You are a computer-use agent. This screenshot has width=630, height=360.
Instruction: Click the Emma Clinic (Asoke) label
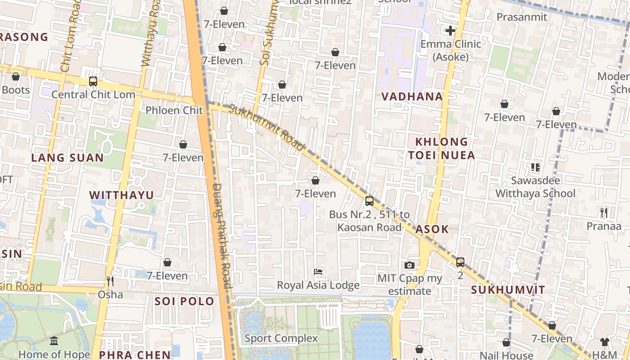450,50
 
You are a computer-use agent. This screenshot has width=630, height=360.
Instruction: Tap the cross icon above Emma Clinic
450,31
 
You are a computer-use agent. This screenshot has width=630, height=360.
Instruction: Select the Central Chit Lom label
93,94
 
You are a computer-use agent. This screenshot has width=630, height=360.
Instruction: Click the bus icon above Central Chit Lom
93,81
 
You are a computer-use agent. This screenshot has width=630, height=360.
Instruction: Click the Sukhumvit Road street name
266,127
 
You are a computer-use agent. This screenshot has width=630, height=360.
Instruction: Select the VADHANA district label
412,96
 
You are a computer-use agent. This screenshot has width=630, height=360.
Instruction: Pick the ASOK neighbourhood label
432,229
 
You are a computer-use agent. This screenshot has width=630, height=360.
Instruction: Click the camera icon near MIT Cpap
409,265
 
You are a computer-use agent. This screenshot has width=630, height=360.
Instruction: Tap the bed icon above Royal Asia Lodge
318,272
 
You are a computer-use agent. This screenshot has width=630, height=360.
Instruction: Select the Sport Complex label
281,338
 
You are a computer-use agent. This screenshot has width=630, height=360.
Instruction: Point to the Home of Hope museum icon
54,341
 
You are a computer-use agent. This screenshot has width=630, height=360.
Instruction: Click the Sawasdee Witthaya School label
535,187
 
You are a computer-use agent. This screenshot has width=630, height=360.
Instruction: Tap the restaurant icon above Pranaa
604,212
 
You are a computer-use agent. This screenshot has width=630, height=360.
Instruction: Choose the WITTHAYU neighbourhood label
121,195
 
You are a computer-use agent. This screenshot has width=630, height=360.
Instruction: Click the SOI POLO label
184,301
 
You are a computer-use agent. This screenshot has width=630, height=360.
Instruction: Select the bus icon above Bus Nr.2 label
369,201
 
